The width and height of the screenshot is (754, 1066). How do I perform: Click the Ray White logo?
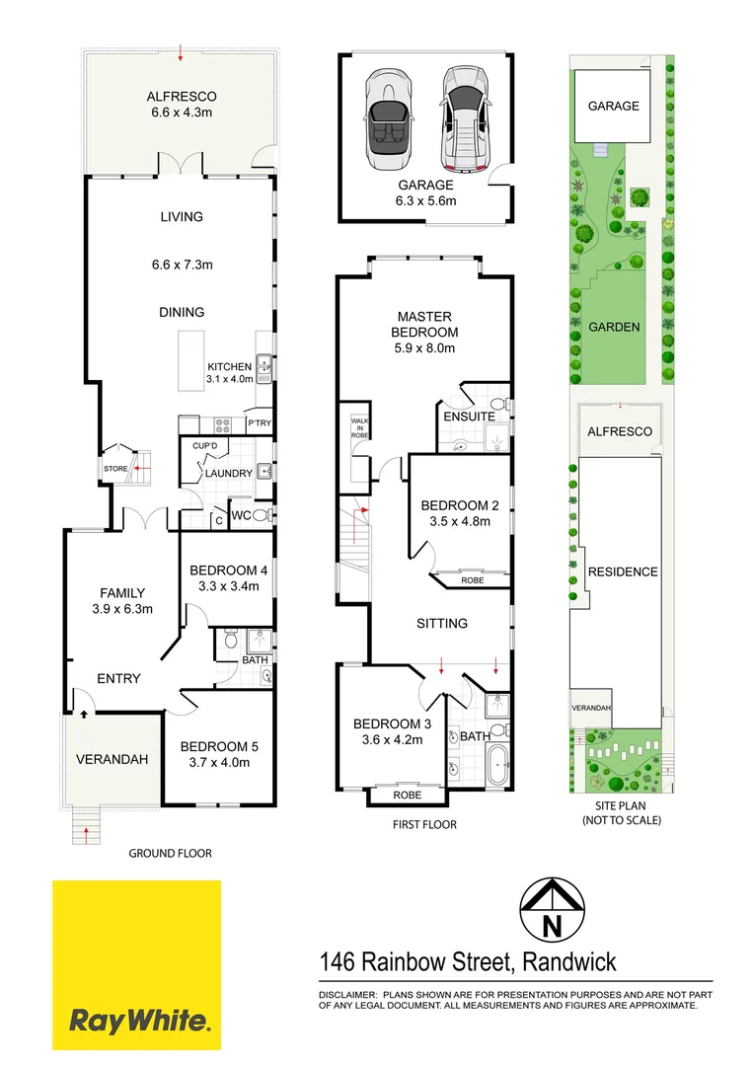[136, 964]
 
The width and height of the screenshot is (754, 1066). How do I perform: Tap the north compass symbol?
[551, 912]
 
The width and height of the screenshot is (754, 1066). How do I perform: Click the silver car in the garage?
[463, 118]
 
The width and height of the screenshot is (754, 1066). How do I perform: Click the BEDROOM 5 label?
[219, 753]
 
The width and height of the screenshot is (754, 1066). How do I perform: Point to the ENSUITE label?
[469, 417]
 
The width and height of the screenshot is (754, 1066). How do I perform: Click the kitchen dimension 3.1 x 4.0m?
[230, 378]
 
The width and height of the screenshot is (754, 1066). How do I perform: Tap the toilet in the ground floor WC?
[262, 515]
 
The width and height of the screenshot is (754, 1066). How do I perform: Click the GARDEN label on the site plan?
[614, 328]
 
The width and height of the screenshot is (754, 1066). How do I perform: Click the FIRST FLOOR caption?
[423, 824]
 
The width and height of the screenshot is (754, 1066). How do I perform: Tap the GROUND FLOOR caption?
[170, 853]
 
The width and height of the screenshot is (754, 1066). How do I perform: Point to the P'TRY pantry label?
[259, 424]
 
